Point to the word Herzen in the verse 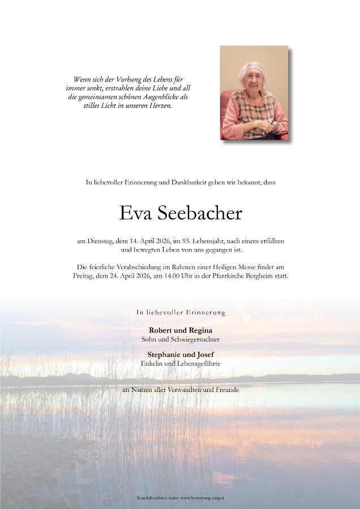click(x=159, y=106)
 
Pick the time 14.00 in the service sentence click(x=180, y=276)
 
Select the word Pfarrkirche click(x=233, y=276)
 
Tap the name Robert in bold click(x=161, y=330)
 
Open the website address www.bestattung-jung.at click(x=200, y=498)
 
